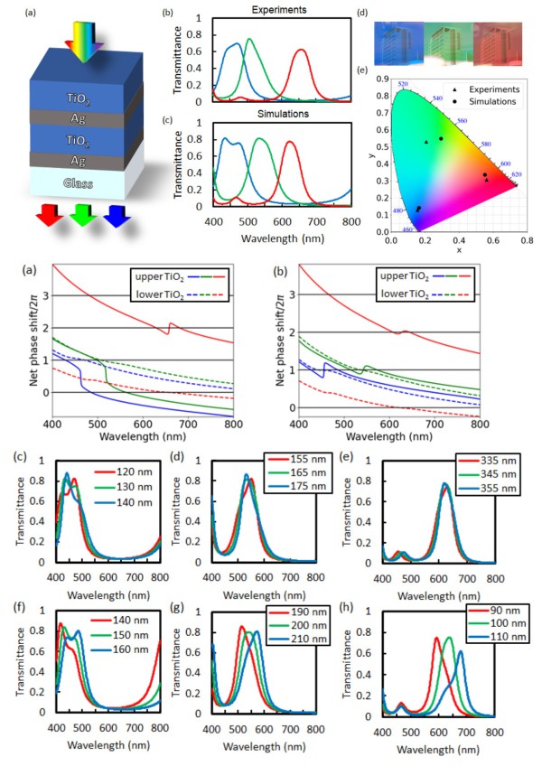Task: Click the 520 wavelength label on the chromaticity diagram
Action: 403,84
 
